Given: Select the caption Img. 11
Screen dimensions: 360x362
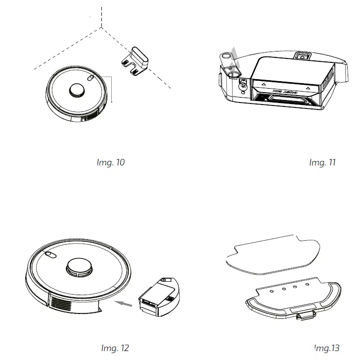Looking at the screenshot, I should coord(322,162).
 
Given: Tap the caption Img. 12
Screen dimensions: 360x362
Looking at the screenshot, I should coord(115,348).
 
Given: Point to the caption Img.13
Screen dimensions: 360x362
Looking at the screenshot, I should coord(327,348).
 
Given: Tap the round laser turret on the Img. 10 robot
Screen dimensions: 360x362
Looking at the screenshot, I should coord(77,90).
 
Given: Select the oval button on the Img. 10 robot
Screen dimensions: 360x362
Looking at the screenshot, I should coord(91,78).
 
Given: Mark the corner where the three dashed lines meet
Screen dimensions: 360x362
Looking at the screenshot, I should coord(101,28).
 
